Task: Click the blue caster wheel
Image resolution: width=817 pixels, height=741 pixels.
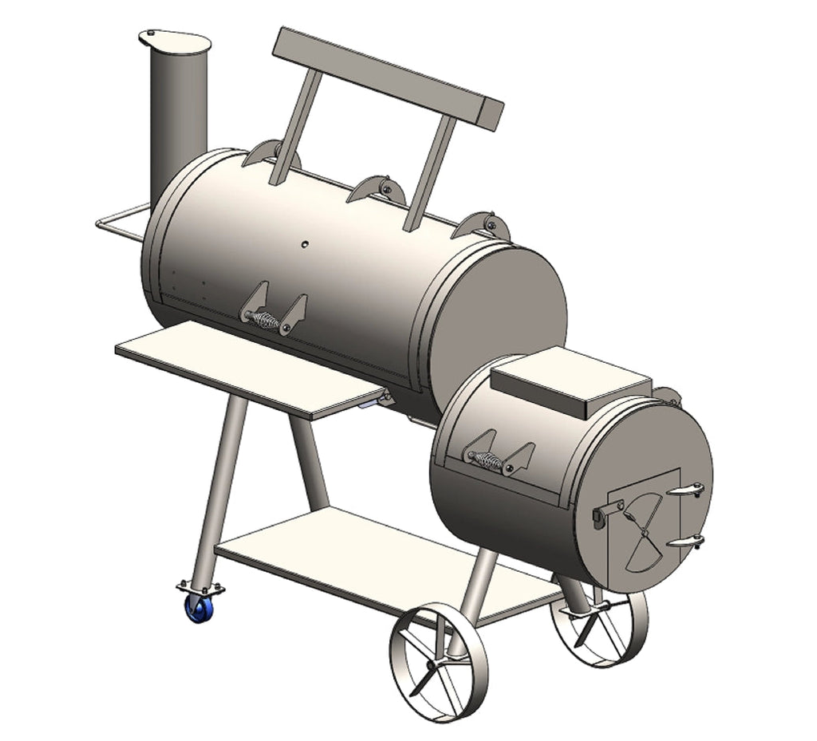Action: (199, 609)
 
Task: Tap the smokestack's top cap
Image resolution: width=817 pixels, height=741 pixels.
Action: (175, 41)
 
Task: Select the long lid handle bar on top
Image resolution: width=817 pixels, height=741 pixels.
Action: (388, 77)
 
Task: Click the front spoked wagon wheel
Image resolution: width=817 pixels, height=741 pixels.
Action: (439, 662)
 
